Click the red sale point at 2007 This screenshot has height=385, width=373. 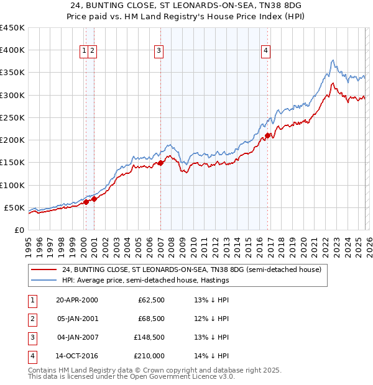tap(160, 163)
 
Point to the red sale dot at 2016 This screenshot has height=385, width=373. tap(267, 135)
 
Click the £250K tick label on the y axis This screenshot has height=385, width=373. tap(12, 117)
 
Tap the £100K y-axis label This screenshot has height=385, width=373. tap(12, 185)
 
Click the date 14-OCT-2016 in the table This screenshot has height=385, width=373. tap(77, 356)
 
